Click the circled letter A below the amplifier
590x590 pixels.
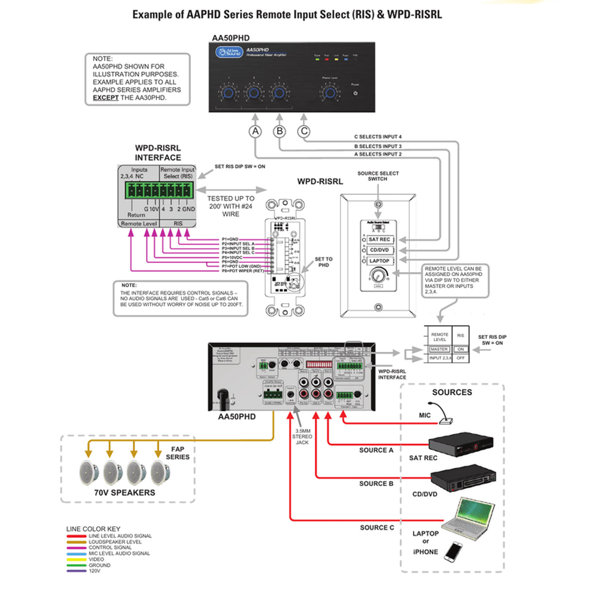pyautogui.click(x=255, y=131)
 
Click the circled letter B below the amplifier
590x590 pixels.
pyautogui.click(x=279, y=131)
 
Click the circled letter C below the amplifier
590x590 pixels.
pyautogui.click(x=304, y=131)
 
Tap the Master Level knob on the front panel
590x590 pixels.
pyautogui.click(x=330, y=93)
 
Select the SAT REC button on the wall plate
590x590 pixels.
pyautogui.click(x=379, y=240)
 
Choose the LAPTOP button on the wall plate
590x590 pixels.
pyautogui.click(x=379, y=261)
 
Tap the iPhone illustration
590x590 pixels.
pyautogui.click(x=453, y=552)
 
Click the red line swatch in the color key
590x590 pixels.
pyautogui.click(x=76, y=536)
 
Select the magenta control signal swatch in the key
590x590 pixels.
pyautogui.click(x=76, y=548)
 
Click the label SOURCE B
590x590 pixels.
pyautogui.click(x=376, y=484)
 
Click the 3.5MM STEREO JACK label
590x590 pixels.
pyautogui.click(x=302, y=436)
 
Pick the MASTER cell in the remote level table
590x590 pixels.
pyautogui.click(x=439, y=349)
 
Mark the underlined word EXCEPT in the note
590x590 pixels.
pyautogui.click(x=105, y=98)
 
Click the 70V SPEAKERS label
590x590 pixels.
pyautogui.click(x=124, y=492)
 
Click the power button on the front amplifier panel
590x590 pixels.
pyautogui.click(x=355, y=93)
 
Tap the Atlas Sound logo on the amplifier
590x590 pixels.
pyautogui.click(x=229, y=52)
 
